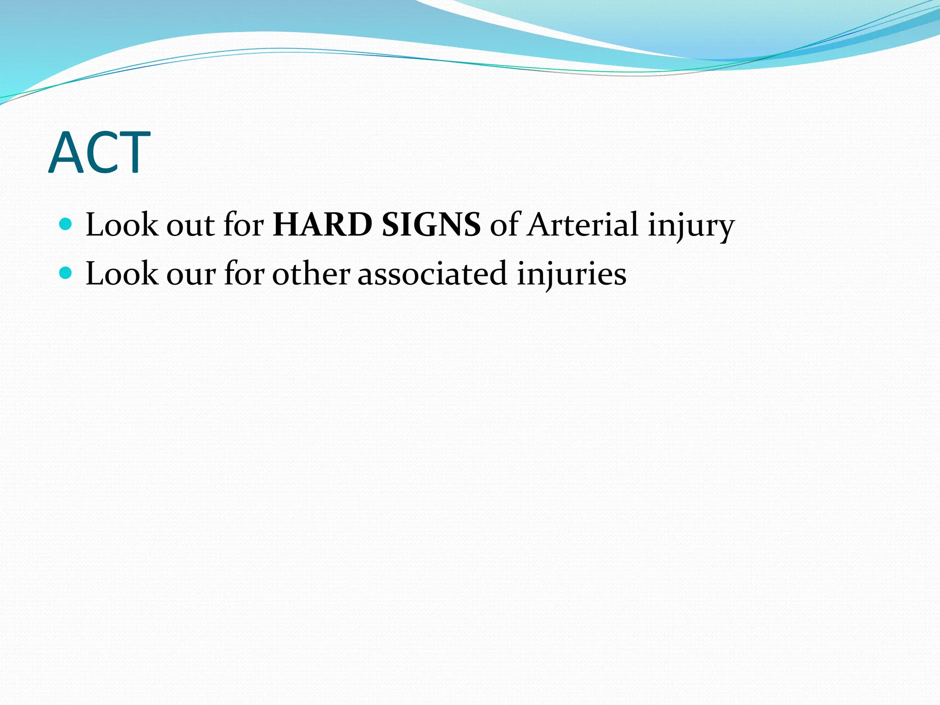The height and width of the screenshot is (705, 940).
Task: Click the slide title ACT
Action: [99, 153]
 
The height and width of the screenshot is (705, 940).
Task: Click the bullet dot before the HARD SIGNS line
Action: [66, 224]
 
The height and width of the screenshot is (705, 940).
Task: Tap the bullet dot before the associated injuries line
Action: [66, 273]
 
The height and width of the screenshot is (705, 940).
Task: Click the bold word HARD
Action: [322, 225]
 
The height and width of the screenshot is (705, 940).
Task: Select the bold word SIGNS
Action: [431, 225]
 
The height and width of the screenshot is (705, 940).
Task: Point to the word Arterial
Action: [582, 225]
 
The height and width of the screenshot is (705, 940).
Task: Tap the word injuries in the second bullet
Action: [571, 274]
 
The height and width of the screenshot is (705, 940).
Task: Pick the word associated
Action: [432, 274]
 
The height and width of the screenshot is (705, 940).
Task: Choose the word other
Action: [311, 274]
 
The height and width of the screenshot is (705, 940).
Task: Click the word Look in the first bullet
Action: [121, 225]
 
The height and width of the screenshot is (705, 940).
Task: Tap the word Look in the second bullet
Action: [121, 274]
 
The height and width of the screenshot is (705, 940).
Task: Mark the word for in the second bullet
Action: [244, 274]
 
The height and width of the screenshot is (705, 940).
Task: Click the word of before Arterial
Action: [504, 225]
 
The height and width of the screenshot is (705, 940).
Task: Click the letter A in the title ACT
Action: [65, 153]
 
